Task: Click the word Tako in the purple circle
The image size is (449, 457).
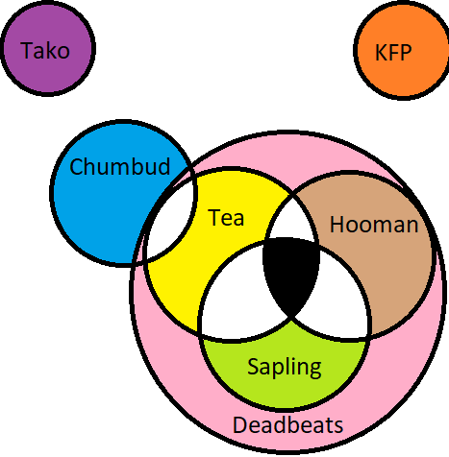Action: pos(45,50)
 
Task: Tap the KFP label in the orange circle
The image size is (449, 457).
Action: pos(393,52)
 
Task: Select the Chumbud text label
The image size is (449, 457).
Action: pos(119,166)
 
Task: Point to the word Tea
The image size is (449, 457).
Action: pos(226,217)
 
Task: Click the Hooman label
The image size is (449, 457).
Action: pos(374,224)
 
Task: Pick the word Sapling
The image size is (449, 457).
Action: pos(285,367)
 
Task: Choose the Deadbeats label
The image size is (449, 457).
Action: pos(288,424)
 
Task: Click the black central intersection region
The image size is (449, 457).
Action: pos(291,272)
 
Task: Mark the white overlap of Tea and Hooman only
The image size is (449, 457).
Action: pos(291,221)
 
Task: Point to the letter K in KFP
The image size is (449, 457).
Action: pos(381,52)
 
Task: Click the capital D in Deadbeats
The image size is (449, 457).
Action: pos(240,424)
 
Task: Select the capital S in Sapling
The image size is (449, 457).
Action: pos(254,366)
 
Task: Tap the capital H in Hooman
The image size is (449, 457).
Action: pos(337,224)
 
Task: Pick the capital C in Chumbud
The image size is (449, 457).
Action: pos(76,166)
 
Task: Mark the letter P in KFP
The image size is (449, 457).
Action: pos(406,52)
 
